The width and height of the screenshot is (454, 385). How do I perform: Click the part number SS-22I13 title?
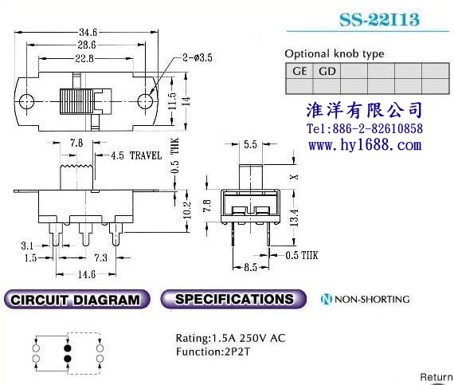point(379,19)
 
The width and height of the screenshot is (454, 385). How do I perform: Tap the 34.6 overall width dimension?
point(88,32)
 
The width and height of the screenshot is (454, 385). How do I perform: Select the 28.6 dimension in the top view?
point(87,45)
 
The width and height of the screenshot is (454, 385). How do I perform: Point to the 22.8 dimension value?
point(84,58)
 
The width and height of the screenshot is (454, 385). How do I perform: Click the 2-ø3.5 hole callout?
point(198,57)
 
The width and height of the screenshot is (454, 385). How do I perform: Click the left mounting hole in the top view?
point(26,102)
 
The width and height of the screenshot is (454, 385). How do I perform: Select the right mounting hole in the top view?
point(145,102)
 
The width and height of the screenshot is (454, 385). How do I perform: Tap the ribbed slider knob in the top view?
point(76,101)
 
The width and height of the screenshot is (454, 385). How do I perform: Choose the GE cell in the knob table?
point(299,71)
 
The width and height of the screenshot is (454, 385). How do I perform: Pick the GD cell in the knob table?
point(327,71)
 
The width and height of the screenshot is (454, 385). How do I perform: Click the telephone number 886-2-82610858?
point(378,128)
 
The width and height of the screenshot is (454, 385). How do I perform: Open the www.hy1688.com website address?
point(365,144)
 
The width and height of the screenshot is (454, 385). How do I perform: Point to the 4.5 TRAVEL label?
point(136,155)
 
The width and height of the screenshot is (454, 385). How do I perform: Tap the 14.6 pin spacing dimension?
point(87,274)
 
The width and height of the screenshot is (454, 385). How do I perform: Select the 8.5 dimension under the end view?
point(250,267)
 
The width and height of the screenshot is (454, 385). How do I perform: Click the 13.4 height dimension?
point(294,218)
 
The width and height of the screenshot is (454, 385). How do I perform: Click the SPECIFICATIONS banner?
point(233,299)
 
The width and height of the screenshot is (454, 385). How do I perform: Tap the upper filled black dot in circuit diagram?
point(68,348)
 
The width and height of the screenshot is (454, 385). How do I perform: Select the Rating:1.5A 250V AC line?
point(230,338)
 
